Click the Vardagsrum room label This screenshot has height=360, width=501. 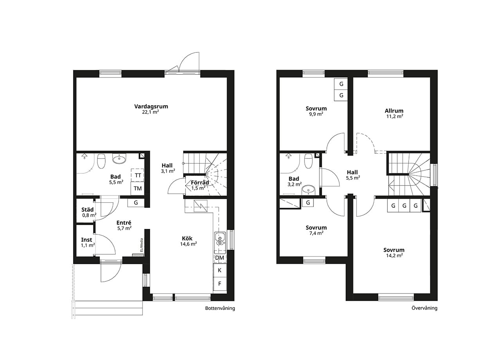click(151, 106)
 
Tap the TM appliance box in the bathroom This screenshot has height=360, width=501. click(137, 189)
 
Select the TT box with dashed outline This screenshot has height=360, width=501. click(137, 175)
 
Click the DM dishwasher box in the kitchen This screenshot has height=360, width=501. click(220, 258)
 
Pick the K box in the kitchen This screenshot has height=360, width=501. click(220, 270)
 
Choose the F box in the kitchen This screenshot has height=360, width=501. click(220, 284)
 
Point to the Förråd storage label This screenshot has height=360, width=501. click(200, 182)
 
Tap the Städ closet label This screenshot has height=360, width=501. click(87, 209)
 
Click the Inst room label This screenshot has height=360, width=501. click(87, 240)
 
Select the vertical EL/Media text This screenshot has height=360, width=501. click(142, 245)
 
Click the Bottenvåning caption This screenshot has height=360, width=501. click(220, 308)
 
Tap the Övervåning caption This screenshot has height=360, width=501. click(425, 308)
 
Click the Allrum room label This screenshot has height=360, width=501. click(394, 111)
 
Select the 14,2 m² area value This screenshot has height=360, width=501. click(395, 256)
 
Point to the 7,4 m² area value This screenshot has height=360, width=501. click(316, 233)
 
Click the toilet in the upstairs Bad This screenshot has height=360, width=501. click(309, 160)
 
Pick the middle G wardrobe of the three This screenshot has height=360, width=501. click(404, 205)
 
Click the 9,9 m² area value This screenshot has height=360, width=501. click(316, 114)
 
